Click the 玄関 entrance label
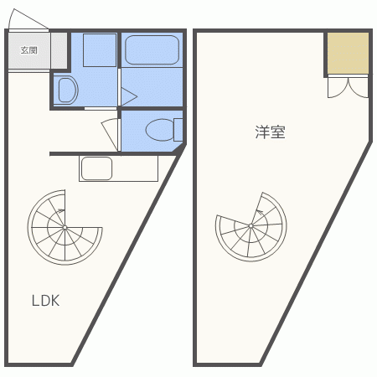28,50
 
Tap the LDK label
46,301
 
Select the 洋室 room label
270,132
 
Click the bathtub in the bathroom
152,50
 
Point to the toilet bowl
160,130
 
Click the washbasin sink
68,90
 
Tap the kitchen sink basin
96,168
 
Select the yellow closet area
348,53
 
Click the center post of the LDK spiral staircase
65,228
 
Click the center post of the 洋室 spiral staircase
250,225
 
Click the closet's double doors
348,87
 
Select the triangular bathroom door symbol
129,96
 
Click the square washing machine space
100,50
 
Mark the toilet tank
178,130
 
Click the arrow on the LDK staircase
60,210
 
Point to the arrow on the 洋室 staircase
260,212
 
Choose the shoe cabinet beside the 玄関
59,50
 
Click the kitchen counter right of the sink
135,168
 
